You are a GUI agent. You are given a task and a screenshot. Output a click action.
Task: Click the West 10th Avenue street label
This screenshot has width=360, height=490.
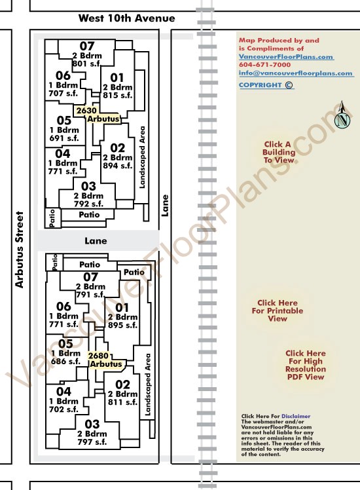[126, 18]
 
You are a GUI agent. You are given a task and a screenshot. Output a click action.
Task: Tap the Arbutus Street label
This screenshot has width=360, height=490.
[20, 250]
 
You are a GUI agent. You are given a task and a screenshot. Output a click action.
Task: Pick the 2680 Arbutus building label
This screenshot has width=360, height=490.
[106, 360]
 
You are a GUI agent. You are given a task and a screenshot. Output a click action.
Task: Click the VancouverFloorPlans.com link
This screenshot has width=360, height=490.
[286, 56]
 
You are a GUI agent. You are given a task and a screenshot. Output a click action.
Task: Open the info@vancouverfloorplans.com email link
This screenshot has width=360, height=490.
[296, 73]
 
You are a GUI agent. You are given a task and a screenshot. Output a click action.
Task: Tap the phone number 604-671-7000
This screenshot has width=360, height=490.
[265, 65]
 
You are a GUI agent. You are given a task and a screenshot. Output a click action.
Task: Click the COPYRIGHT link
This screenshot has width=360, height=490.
[266, 85]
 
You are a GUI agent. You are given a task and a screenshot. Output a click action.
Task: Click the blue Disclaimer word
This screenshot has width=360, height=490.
[296, 416]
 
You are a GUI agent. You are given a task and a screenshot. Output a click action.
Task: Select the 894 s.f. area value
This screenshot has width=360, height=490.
[118, 166]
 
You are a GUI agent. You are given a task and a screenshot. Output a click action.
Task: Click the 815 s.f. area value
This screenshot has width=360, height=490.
[118, 95]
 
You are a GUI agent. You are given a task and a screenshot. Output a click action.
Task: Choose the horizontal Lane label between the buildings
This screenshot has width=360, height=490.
[96, 240]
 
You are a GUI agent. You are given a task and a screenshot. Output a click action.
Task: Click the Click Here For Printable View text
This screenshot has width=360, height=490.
[278, 311]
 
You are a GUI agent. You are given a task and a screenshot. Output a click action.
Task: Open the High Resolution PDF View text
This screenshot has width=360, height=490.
[306, 365]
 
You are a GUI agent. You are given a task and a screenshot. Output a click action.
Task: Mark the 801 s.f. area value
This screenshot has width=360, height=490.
[87, 64]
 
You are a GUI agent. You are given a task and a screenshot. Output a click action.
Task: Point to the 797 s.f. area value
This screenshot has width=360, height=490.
[92, 442]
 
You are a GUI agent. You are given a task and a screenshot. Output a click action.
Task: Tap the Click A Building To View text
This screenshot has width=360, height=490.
[278, 152]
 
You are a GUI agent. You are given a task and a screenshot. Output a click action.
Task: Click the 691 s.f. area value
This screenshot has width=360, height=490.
[64, 138]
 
